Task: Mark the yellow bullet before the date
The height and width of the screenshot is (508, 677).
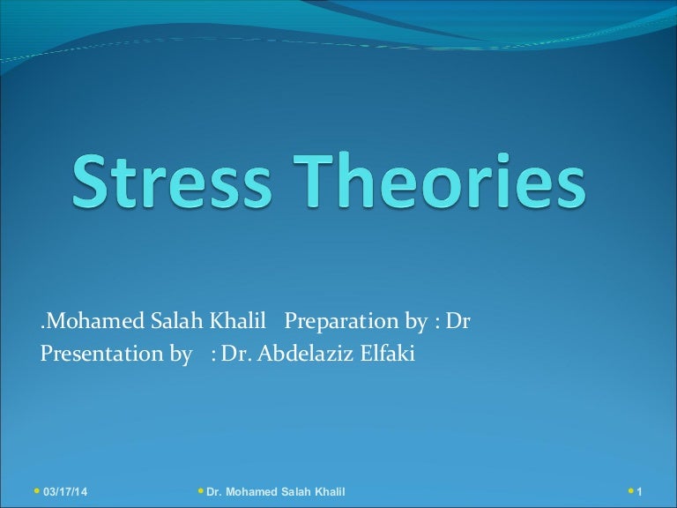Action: click(x=35, y=489)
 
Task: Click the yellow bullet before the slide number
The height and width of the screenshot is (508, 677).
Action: click(x=629, y=489)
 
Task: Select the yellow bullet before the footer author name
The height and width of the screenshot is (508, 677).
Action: click(x=200, y=489)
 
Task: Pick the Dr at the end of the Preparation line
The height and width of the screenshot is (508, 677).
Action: click(x=458, y=322)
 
